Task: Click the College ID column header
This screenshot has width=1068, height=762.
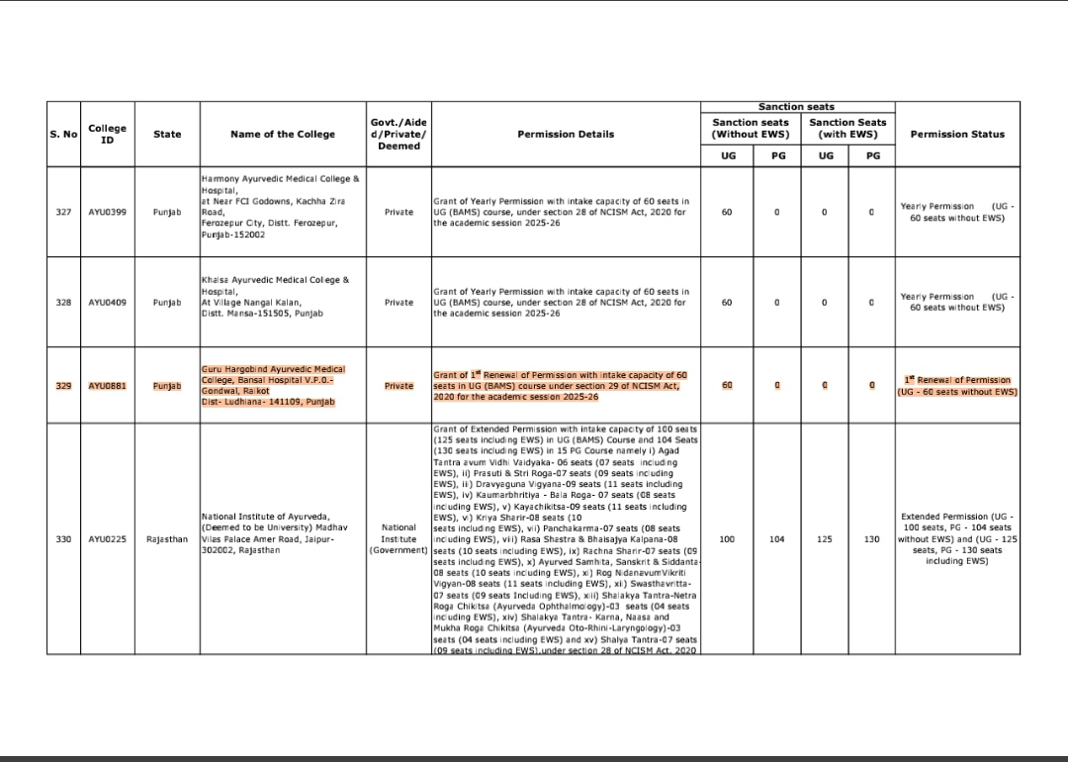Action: (107, 134)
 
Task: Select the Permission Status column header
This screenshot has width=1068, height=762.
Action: (956, 134)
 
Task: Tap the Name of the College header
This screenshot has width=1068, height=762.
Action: (281, 134)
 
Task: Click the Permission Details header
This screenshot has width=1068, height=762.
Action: (565, 134)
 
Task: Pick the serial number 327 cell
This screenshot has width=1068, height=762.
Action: (63, 212)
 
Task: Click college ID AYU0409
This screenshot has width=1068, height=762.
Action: (107, 302)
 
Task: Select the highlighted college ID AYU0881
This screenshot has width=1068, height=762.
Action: (107, 386)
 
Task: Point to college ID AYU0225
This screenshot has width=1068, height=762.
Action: (107, 539)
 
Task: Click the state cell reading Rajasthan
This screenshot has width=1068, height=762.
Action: (167, 539)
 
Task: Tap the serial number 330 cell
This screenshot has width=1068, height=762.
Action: (63, 539)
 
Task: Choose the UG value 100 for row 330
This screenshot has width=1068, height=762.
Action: (727, 539)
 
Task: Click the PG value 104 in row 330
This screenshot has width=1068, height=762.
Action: (777, 539)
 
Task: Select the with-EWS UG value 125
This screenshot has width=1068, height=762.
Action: (825, 539)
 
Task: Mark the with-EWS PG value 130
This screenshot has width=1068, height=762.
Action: (871, 539)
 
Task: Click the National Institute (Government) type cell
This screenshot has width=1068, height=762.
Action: (398, 539)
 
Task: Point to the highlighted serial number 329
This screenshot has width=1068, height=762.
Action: (63, 386)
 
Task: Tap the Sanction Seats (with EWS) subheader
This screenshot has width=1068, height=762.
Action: (847, 129)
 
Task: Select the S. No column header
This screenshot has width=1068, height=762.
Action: (63, 134)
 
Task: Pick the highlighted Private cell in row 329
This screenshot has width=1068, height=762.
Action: (399, 386)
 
